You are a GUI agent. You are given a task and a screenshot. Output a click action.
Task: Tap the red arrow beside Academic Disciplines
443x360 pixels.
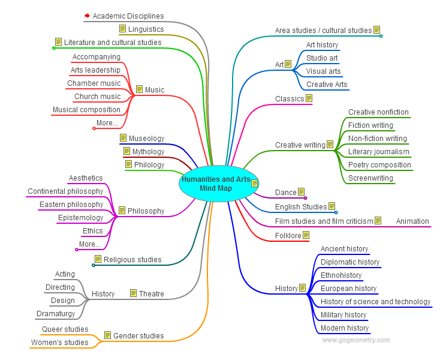87,16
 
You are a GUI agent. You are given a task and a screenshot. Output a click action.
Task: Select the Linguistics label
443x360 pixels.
146,29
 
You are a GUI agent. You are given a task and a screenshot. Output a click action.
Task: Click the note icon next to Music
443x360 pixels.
140,90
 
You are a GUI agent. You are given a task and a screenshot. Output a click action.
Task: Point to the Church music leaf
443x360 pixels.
97,97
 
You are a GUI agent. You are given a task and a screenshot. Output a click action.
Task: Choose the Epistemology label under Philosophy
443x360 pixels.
80,218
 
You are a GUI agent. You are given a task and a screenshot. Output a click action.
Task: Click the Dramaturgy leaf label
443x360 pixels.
56,314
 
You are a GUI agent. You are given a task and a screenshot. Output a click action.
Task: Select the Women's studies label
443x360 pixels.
59,343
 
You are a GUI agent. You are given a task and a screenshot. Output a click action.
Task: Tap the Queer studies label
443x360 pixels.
65,329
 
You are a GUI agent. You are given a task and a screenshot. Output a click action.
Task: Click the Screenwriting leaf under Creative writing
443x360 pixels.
370,178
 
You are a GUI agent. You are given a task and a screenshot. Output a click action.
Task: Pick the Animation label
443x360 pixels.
412,221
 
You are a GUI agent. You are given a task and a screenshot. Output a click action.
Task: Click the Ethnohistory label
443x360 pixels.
341,275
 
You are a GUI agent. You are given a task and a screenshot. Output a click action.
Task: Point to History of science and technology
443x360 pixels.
375,302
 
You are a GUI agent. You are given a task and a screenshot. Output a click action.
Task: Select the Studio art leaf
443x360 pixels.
322,58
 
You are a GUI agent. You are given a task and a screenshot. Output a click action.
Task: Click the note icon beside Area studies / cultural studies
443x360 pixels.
376,29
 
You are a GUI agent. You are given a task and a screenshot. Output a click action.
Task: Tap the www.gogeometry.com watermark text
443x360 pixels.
355,340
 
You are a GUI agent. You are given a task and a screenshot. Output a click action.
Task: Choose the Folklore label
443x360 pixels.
288,236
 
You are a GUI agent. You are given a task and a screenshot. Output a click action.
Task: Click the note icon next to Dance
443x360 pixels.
302,192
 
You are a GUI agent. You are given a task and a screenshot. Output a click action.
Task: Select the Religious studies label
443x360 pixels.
132,260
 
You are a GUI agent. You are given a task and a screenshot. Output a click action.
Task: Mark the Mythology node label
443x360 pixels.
148,152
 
